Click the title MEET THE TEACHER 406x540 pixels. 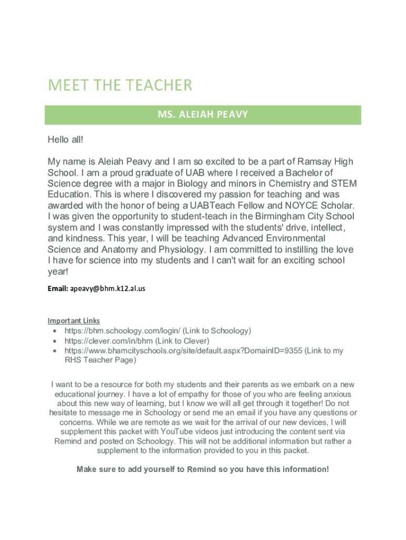pyautogui.click(x=120, y=85)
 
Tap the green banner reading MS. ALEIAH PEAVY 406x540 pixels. pyautogui.click(x=202, y=114)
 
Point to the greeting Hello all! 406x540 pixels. pyautogui.click(x=65, y=140)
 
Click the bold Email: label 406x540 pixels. pyautogui.click(x=57, y=288)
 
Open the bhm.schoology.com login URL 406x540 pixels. pyautogui.click(x=122, y=331)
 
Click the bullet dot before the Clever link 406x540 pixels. pyautogui.click(x=55, y=341)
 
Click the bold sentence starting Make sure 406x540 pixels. pyautogui.click(x=202, y=469)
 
